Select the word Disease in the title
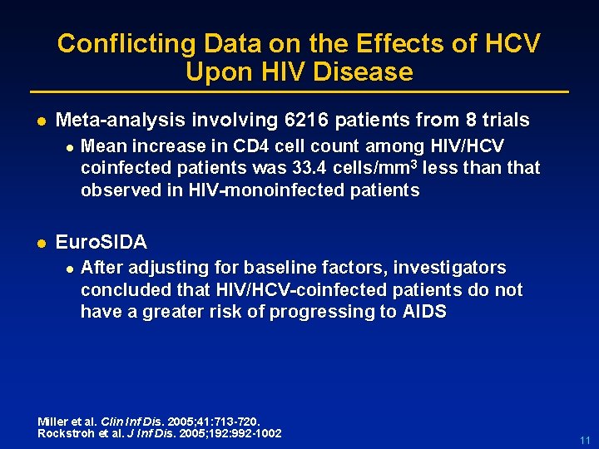369,72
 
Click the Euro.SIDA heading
101,243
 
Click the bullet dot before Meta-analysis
37,121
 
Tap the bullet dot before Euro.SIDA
37,243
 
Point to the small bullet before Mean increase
70,146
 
